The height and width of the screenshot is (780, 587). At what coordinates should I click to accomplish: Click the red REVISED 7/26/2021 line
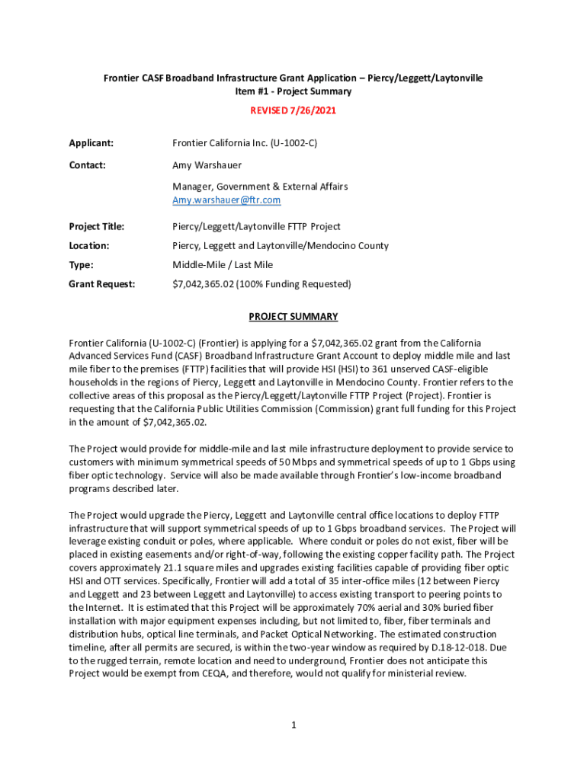(293, 110)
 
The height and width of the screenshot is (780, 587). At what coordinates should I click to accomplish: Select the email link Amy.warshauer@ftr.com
(226, 200)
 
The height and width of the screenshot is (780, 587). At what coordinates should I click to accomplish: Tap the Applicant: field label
(91, 142)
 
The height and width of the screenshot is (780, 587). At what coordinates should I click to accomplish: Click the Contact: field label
(88, 165)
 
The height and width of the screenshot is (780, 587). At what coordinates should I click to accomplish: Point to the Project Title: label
(97, 226)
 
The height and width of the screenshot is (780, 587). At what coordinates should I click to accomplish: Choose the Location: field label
(89, 245)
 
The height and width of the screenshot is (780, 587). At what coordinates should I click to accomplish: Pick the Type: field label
(82, 265)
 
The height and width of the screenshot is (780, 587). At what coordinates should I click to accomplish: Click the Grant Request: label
(102, 284)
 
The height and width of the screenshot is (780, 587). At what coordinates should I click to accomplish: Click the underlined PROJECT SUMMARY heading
(293, 317)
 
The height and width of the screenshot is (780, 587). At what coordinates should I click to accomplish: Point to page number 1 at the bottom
(293, 724)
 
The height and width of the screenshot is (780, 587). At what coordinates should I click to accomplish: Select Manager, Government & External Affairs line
(260, 187)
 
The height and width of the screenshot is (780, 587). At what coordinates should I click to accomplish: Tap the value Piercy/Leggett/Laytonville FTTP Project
(256, 226)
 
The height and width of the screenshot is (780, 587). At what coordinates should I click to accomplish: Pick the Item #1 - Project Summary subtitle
(293, 91)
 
